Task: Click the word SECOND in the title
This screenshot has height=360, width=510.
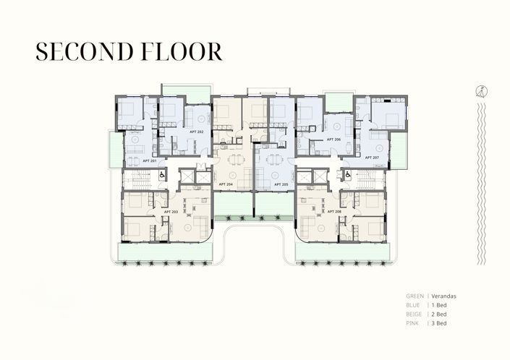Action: pos(81,51)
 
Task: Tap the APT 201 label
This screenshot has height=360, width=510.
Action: pos(150,160)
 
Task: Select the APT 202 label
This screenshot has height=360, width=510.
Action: pos(196,132)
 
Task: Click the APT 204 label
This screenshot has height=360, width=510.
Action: pos(226,184)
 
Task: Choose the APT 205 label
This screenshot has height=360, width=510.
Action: pos(282,184)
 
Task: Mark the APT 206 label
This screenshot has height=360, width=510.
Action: pos(333,139)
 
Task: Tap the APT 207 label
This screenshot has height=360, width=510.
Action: pos(372,157)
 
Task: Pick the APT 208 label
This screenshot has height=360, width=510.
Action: pos(333,211)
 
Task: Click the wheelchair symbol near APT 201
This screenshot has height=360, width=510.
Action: pos(162,174)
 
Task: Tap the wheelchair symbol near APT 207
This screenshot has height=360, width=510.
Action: pos(348,174)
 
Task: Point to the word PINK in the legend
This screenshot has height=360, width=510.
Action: pos(413,325)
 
